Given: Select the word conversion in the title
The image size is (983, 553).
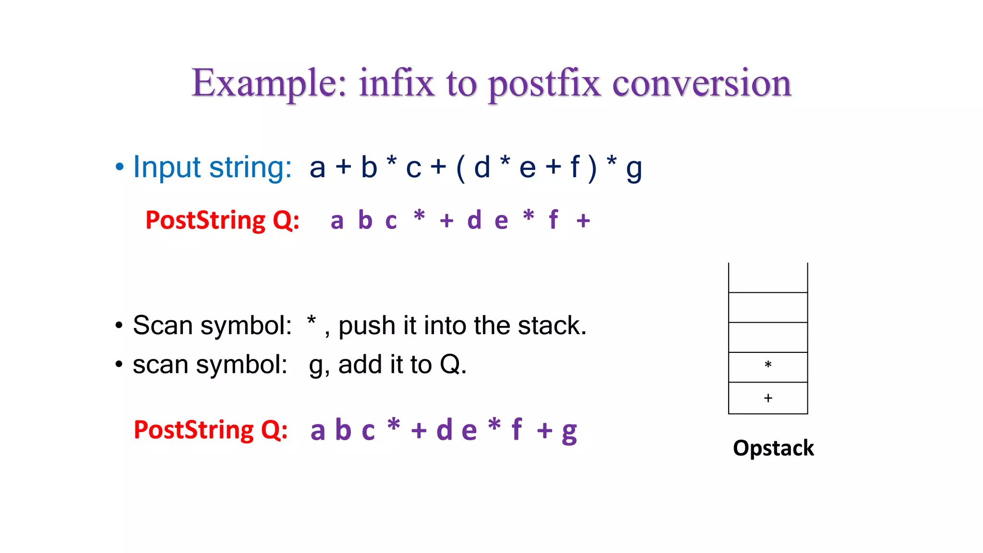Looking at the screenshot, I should tap(702, 83).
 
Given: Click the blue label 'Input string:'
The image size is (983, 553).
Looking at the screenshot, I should tap(212, 167).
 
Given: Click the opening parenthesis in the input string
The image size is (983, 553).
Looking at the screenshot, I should tap(461, 168).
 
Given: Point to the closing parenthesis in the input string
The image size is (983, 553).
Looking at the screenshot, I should tap(592, 168).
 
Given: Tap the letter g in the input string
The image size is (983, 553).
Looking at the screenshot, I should tap(634, 169).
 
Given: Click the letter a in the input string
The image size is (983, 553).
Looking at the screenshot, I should tap(317, 168).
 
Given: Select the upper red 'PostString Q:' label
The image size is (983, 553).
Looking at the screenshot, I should tap(222, 220).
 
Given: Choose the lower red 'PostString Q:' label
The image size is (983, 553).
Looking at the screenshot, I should tap(211, 430).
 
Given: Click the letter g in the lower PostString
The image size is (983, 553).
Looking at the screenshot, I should tap(569, 432).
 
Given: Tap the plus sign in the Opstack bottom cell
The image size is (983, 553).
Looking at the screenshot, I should tap(768, 398).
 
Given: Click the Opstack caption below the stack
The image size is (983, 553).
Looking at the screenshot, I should tap(773, 448).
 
